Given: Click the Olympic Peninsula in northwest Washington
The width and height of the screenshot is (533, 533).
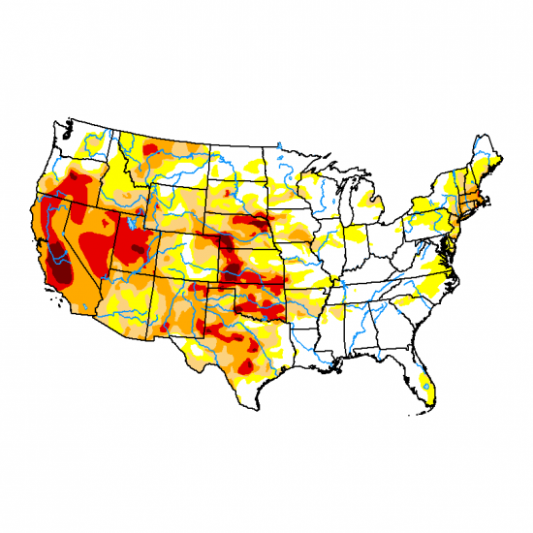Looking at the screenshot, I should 61,128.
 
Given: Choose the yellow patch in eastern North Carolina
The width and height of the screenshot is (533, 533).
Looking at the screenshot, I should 441,281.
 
